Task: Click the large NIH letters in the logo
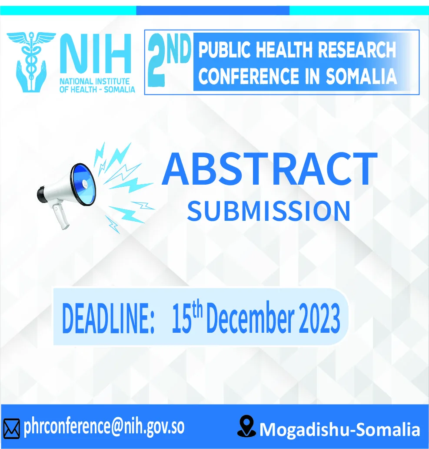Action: pyautogui.click(x=96, y=54)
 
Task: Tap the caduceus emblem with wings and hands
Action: pyautogui.click(x=31, y=61)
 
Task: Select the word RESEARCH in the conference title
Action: pyautogui.click(x=357, y=50)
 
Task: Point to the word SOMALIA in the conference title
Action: pyautogui.click(x=361, y=76)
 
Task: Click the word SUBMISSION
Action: pyautogui.click(x=269, y=211)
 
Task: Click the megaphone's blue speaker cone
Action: pyautogui.click(x=83, y=184)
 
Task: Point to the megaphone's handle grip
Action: pyautogui.click(x=60, y=216)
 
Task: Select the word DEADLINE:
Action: pyautogui.click(x=108, y=318)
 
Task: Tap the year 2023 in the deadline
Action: pyautogui.click(x=319, y=318)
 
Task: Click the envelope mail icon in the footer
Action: pyautogui.click(x=11, y=429)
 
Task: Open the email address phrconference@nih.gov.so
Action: pyautogui.click(x=104, y=427)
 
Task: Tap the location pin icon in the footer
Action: pyautogui.click(x=246, y=426)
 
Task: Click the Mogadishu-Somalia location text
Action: pyautogui.click(x=340, y=429)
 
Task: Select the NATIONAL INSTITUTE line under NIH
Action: pyautogui.click(x=95, y=81)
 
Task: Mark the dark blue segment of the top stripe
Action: pyautogui.click(x=213, y=10)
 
